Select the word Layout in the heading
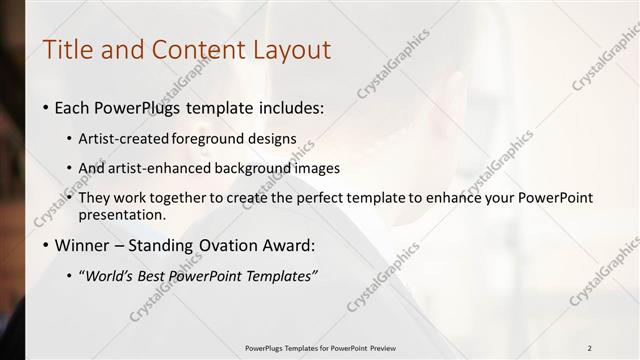292,50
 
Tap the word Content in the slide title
193,49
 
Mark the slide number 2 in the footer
590,348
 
